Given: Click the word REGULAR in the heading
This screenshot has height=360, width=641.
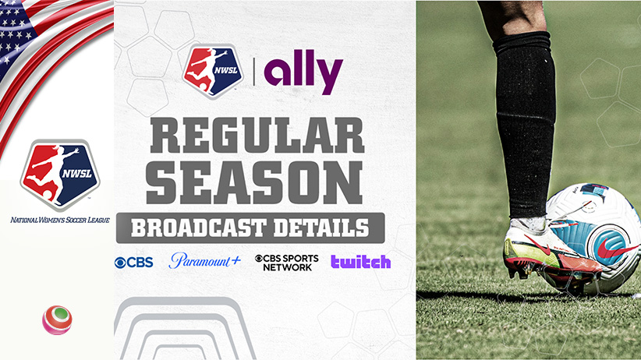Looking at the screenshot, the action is point(257,136).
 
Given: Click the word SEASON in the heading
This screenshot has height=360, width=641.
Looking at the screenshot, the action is point(254,182).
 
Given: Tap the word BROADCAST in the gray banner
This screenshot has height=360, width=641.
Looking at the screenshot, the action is point(199,228).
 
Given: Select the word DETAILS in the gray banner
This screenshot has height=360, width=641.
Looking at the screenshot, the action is point(321,228).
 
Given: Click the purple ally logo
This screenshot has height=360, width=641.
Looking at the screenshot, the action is point(303,72).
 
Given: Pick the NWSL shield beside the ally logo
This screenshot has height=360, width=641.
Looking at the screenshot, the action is point(213,72).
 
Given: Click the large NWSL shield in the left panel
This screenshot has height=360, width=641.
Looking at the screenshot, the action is point(60,175).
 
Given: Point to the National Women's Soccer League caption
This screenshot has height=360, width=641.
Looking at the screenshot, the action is point(60,220).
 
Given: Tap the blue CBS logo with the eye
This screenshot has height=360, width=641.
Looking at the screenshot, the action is point(133,263).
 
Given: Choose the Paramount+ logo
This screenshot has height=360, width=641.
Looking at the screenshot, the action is point(205,261).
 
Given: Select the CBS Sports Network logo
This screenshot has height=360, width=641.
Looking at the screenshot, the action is point(286,263).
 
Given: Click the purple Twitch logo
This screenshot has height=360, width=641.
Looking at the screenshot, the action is point(360,262).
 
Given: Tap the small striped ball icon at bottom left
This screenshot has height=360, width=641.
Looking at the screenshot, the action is point(57,320).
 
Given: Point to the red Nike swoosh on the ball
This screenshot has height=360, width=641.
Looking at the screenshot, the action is point(618,248).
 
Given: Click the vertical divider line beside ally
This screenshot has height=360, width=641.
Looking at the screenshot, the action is point(254,72).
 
